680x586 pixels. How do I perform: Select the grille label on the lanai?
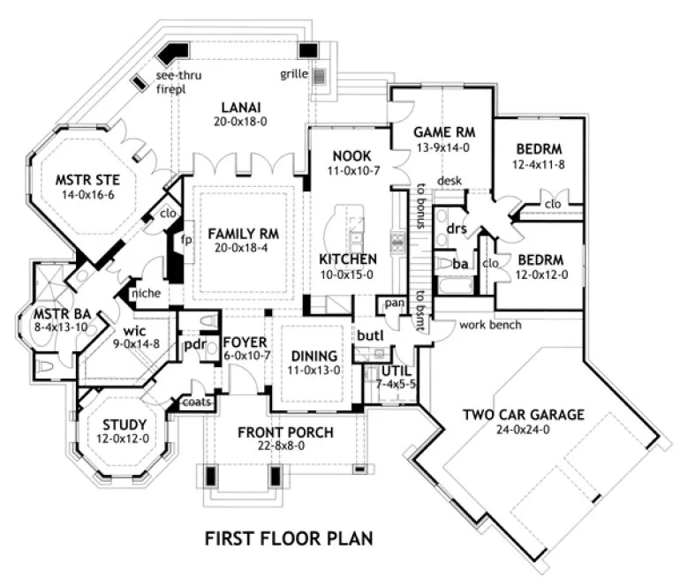pyautogui.click(x=294, y=73)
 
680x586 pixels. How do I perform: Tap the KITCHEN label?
pyautogui.click(x=348, y=259)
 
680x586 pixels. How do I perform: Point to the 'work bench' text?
pyautogui.click(x=491, y=325)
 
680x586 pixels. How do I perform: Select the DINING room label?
pyautogui.click(x=314, y=356)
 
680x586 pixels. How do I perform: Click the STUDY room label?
pyautogui.click(x=124, y=423)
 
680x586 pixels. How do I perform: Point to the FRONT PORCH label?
pyautogui.click(x=285, y=432)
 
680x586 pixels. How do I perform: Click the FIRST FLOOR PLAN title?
pyautogui.click(x=287, y=537)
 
